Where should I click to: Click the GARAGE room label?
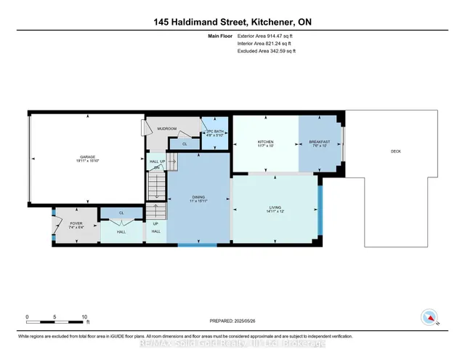(x=88, y=156)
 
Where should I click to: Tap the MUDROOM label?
(x=167, y=129)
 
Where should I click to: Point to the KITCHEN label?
(x=265, y=141)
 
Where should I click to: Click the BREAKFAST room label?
(x=320, y=141)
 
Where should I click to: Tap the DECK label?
(x=396, y=151)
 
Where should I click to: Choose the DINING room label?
(x=198, y=197)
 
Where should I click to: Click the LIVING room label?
(x=274, y=208)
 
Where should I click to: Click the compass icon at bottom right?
(x=429, y=317)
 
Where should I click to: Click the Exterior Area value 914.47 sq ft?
(x=278, y=36)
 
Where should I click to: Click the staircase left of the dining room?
(x=156, y=191)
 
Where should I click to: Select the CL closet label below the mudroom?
(x=184, y=144)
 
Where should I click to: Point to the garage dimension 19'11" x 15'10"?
(x=88, y=161)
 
